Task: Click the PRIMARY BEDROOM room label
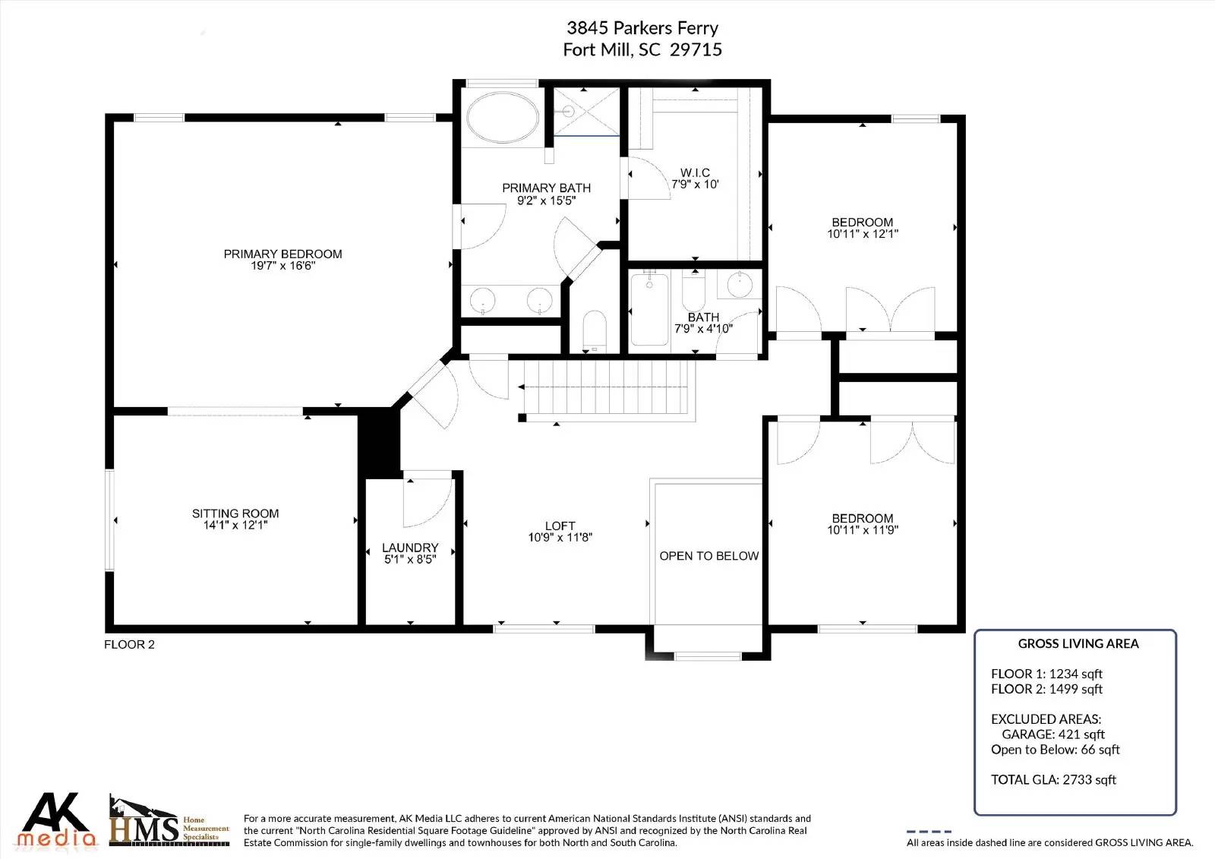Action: (282, 254)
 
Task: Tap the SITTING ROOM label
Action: (235, 513)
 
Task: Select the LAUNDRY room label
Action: (410, 548)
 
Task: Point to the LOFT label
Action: (560, 526)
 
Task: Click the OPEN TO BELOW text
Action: (709, 556)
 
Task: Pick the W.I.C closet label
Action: (696, 172)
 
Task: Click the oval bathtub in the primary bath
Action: (502, 117)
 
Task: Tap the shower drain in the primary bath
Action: (568, 112)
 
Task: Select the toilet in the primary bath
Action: (594, 330)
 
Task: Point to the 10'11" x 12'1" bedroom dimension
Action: (863, 234)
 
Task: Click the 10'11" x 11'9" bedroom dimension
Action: (863, 530)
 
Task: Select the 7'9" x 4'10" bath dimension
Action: (703, 329)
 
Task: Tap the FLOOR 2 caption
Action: (129, 644)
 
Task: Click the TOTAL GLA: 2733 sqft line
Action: (1053, 779)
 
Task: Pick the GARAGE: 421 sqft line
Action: (1052, 734)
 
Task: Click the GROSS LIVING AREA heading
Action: (1078, 643)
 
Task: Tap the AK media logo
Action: (56, 820)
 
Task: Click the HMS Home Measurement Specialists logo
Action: (169, 820)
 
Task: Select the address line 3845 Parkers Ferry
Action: (642, 27)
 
